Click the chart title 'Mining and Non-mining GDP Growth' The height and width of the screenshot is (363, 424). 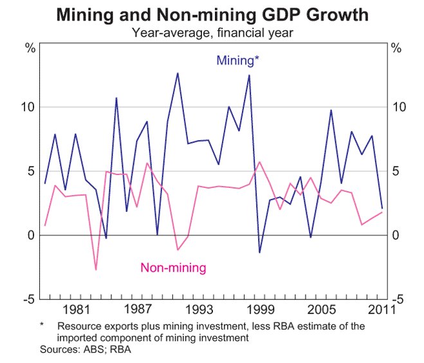[212, 14]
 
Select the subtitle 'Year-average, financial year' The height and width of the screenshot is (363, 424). [212, 30]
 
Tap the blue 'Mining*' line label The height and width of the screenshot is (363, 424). [237, 61]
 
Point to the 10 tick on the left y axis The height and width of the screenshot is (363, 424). [28, 107]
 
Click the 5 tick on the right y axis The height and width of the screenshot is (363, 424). [396, 171]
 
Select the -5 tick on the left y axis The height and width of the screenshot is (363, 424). [28, 299]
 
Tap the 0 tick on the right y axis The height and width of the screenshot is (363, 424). [396, 236]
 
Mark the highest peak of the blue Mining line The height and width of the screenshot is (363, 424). [178, 73]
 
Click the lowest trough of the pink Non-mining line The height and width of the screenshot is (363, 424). [96, 270]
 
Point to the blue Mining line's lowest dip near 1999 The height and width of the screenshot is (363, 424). [259, 252]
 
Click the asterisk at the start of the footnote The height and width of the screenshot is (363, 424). [42, 326]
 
